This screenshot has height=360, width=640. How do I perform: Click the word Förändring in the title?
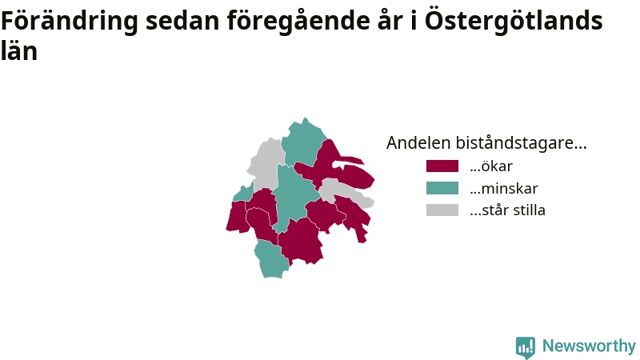(x=70, y=22)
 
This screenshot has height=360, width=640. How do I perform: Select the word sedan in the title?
(x=182, y=22)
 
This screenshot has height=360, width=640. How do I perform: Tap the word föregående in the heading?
(x=298, y=22)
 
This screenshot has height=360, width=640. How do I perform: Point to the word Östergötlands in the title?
(x=514, y=21)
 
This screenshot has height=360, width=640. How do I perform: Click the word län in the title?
(x=19, y=50)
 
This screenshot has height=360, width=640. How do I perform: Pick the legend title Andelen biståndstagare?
(x=486, y=143)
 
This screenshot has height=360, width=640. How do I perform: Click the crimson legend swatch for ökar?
(x=442, y=166)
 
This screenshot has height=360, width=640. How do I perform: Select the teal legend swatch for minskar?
(x=442, y=188)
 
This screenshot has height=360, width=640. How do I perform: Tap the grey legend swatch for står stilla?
(x=442, y=210)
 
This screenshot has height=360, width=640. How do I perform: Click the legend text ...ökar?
(x=491, y=166)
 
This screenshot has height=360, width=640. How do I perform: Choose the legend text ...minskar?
(x=504, y=188)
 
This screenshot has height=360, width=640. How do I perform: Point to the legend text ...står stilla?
(x=507, y=210)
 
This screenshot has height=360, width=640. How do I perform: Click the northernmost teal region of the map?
(x=302, y=143)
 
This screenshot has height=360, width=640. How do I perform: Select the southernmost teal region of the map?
(x=271, y=259)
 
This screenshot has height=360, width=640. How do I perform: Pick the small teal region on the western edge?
(x=244, y=193)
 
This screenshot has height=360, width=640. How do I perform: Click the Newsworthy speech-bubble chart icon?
(x=526, y=347)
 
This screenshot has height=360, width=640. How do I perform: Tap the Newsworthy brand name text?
(x=589, y=346)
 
